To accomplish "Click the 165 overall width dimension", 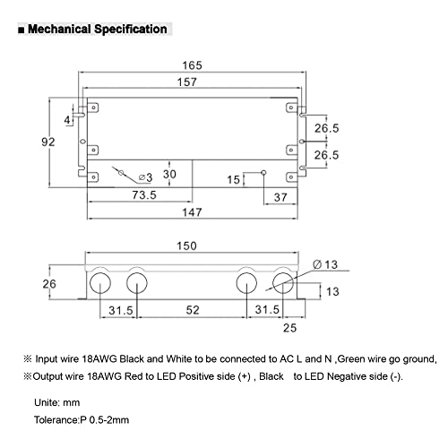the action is coord(192,65).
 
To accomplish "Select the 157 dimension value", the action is coord(187,82).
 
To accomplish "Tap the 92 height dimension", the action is coord(48,142).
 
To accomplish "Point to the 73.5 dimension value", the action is coord(144,195).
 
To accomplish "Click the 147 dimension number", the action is coord(192,212).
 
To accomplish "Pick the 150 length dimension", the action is coord(186,246).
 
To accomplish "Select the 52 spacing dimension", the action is coord(193,310).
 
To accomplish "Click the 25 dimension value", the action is coord(289,328).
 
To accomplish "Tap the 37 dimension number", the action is coord(280,197).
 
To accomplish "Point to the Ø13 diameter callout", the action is coord(325,264).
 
